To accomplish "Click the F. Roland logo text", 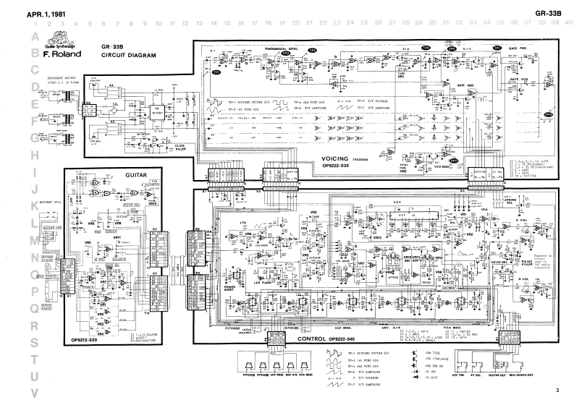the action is [x=61, y=54].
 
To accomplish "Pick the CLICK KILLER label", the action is [x=181, y=147].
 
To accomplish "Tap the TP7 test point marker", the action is [x=497, y=48].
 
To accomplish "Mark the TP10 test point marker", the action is [x=450, y=72].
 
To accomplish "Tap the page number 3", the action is [x=558, y=391].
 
